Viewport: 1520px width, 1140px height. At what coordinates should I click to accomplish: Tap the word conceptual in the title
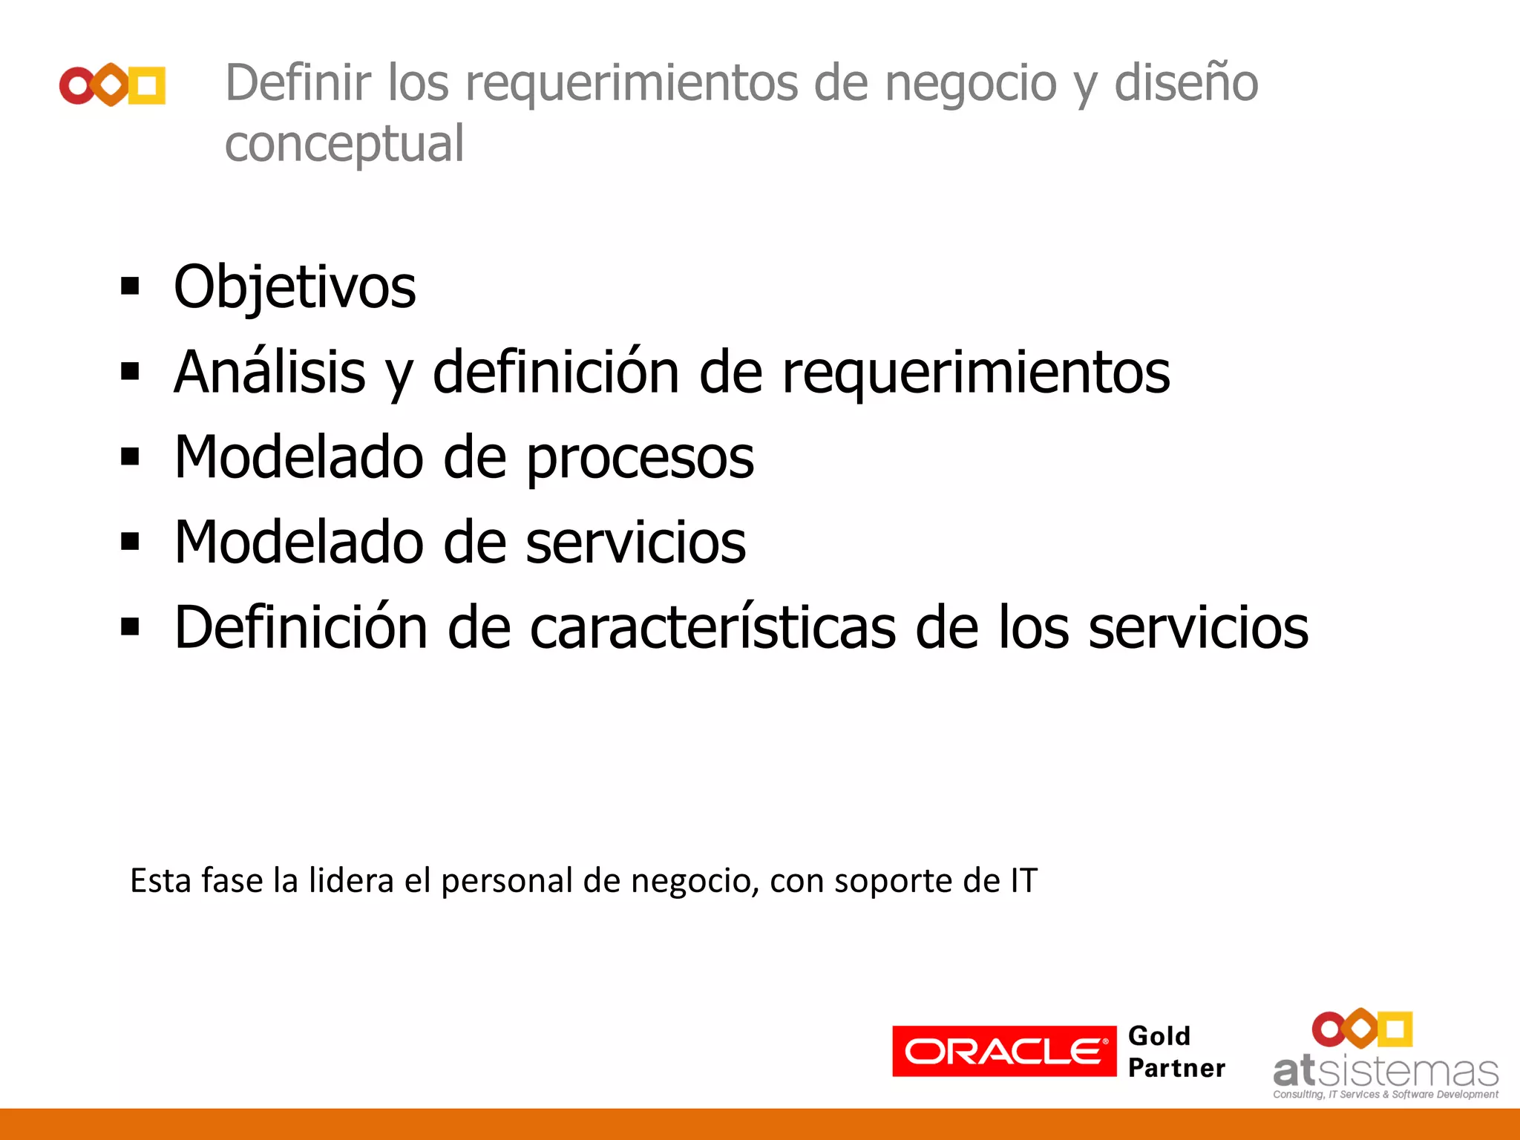tap(344, 143)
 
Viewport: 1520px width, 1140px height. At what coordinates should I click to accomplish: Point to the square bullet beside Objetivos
tap(130, 286)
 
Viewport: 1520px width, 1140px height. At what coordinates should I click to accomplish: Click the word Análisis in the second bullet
tap(269, 372)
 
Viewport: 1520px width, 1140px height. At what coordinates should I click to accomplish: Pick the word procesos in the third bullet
tap(640, 458)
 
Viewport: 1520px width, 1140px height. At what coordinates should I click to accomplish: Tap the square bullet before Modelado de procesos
tap(130, 456)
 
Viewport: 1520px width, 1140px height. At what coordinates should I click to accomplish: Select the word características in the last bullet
tap(713, 628)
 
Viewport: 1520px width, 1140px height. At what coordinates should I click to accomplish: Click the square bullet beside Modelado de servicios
tap(130, 542)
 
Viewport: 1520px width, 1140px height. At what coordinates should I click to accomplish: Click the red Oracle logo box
tap(1003, 1051)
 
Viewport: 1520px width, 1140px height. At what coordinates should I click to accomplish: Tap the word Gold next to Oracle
tap(1159, 1036)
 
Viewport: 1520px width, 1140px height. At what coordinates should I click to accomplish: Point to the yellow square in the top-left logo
tap(147, 85)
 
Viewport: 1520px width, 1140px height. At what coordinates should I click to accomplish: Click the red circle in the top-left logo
tap(77, 85)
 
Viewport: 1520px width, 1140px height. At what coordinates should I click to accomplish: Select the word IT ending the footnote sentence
tap(1023, 881)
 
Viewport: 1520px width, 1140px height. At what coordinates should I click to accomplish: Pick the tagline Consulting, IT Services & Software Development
tap(1386, 1095)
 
